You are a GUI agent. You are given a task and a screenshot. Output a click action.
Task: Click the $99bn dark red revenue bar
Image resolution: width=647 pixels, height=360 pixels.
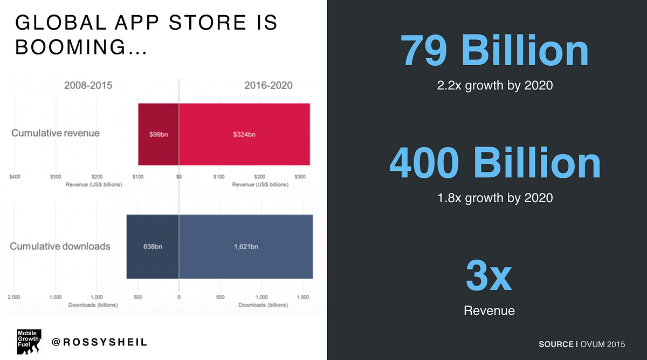pos(159,134)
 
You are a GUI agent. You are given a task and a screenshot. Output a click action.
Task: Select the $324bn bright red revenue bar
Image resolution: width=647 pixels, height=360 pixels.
pos(244,134)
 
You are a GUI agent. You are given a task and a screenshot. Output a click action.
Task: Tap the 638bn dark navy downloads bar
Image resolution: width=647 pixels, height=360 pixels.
pos(153,246)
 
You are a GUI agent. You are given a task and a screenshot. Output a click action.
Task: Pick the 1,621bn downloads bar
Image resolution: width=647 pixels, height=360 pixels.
pos(246,246)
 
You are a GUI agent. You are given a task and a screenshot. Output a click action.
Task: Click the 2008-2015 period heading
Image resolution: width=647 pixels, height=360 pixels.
pos(88,85)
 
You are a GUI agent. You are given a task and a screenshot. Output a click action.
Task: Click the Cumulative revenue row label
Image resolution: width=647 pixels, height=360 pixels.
pos(56,133)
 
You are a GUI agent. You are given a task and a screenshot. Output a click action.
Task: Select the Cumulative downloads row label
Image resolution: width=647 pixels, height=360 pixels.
pos(60,246)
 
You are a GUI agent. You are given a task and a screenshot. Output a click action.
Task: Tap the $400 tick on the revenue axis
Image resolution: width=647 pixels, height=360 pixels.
pos(15,177)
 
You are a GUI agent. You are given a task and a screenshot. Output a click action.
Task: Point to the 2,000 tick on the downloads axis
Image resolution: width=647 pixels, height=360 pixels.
pos(15,297)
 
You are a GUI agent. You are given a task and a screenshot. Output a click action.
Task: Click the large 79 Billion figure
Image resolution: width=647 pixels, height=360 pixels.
pos(494,52)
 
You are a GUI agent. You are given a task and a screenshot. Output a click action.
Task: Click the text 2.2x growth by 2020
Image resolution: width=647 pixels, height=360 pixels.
pos(494,85)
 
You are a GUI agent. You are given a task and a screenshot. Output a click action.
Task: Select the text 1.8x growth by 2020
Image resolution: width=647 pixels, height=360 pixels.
pos(494,198)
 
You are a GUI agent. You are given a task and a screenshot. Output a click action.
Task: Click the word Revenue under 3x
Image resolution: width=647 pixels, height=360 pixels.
pos(489,310)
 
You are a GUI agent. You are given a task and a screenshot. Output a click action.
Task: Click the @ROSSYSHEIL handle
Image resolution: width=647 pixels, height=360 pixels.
pos(99,342)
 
